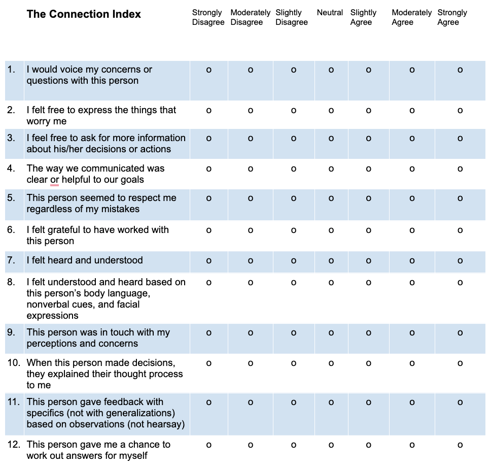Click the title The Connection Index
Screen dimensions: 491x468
pyautogui.click(x=84, y=14)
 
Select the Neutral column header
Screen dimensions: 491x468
pyautogui.click(x=330, y=12)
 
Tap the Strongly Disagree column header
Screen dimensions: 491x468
pyautogui.click(x=208, y=17)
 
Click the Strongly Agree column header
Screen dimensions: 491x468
pyautogui.click(x=452, y=17)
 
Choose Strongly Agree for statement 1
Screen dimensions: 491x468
pyautogui.click(x=460, y=70)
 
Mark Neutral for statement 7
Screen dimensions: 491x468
pyautogui.click(x=331, y=261)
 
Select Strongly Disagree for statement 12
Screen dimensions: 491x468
pyautogui.click(x=208, y=445)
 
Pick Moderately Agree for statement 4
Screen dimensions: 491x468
pyautogui.click(x=412, y=169)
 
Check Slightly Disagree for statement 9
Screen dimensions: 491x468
pyautogui.click(x=294, y=333)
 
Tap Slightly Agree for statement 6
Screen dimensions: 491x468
pyautogui.click(x=368, y=230)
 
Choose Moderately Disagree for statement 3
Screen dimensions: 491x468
pyautogui.click(x=251, y=139)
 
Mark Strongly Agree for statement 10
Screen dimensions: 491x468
pyautogui.click(x=460, y=363)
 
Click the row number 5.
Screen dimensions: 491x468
pyautogui.click(x=11, y=198)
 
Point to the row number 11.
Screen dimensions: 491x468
pyautogui.click(x=14, y=402)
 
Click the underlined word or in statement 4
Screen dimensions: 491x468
pyautogui.click(x=55, y=180)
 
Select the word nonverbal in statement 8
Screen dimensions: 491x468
pyautogui.click(x=48, y=305)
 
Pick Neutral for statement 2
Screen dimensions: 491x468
pyautogui.click(x=331, y=110)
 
